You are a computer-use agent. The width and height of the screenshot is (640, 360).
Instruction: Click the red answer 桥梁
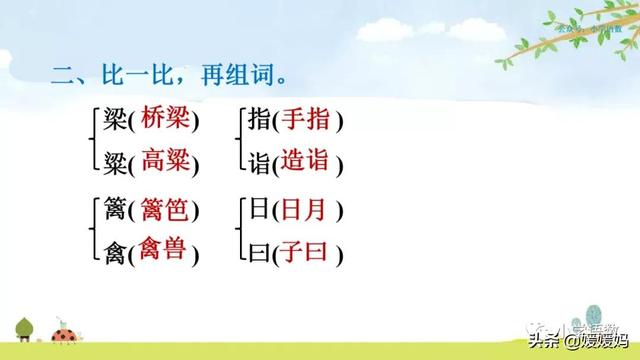click(x=164, y=119)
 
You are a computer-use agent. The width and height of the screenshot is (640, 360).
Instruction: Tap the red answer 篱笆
click(x=164, y=210)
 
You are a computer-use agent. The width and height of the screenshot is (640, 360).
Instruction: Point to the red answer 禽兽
click(x=164, y=248)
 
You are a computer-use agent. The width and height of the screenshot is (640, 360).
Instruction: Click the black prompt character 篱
click(x=115, y=211)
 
